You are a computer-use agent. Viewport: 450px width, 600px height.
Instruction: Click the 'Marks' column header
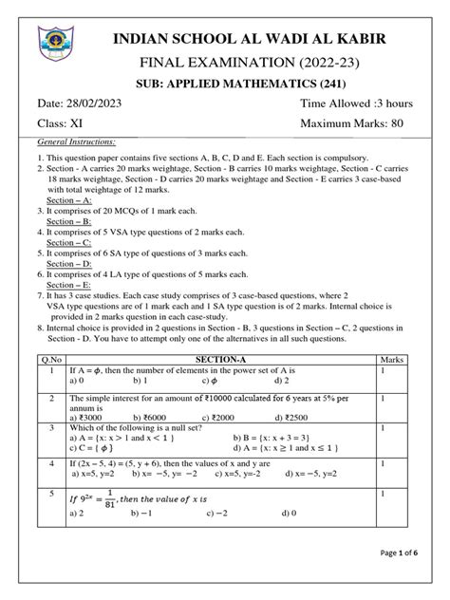coord(417,333)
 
